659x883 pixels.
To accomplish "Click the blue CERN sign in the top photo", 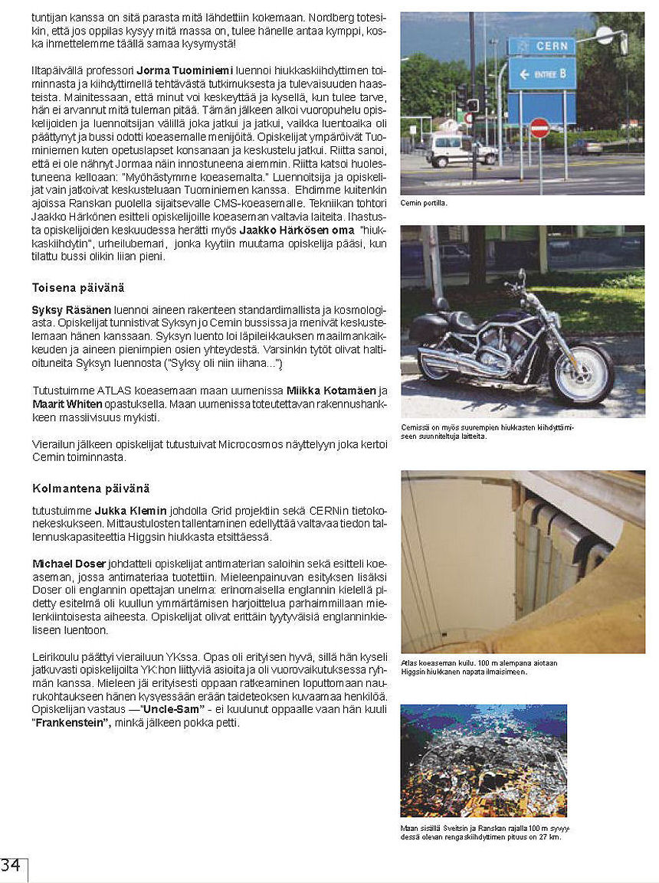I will click(x=541, y=46).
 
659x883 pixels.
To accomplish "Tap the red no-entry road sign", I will click(x=539, y=128).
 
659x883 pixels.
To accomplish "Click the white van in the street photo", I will click(x=461, y=149).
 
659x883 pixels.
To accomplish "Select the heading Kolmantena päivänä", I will click(x=90, y=488).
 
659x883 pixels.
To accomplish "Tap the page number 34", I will click(x=11, y=865).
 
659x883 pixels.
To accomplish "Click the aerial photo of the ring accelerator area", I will click(x=484, y=760).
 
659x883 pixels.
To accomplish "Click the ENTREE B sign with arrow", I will click(x=541, y=74).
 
